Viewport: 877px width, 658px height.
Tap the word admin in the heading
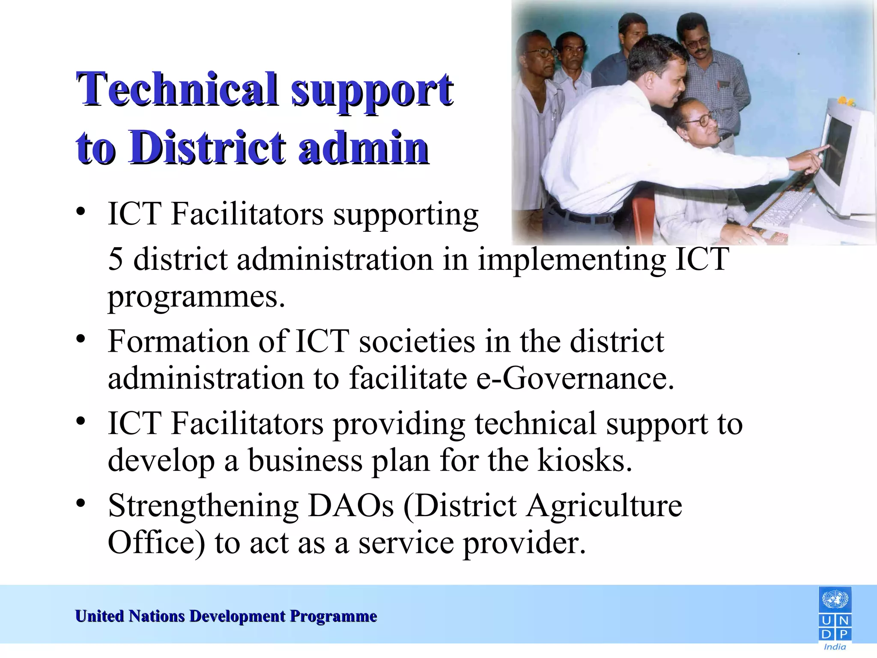[x=364, y=148]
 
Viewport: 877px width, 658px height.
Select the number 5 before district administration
[x=116, y=259]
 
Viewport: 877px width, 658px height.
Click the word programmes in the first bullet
[x=196, y=296]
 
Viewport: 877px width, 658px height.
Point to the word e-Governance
[x=575, y=378]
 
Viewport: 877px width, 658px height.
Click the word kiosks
[x=585, y=461]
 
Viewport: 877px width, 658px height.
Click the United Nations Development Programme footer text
[x=226, y=616]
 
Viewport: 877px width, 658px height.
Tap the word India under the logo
[x=835, y=647]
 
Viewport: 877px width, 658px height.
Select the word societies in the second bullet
[x=417, y=341]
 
